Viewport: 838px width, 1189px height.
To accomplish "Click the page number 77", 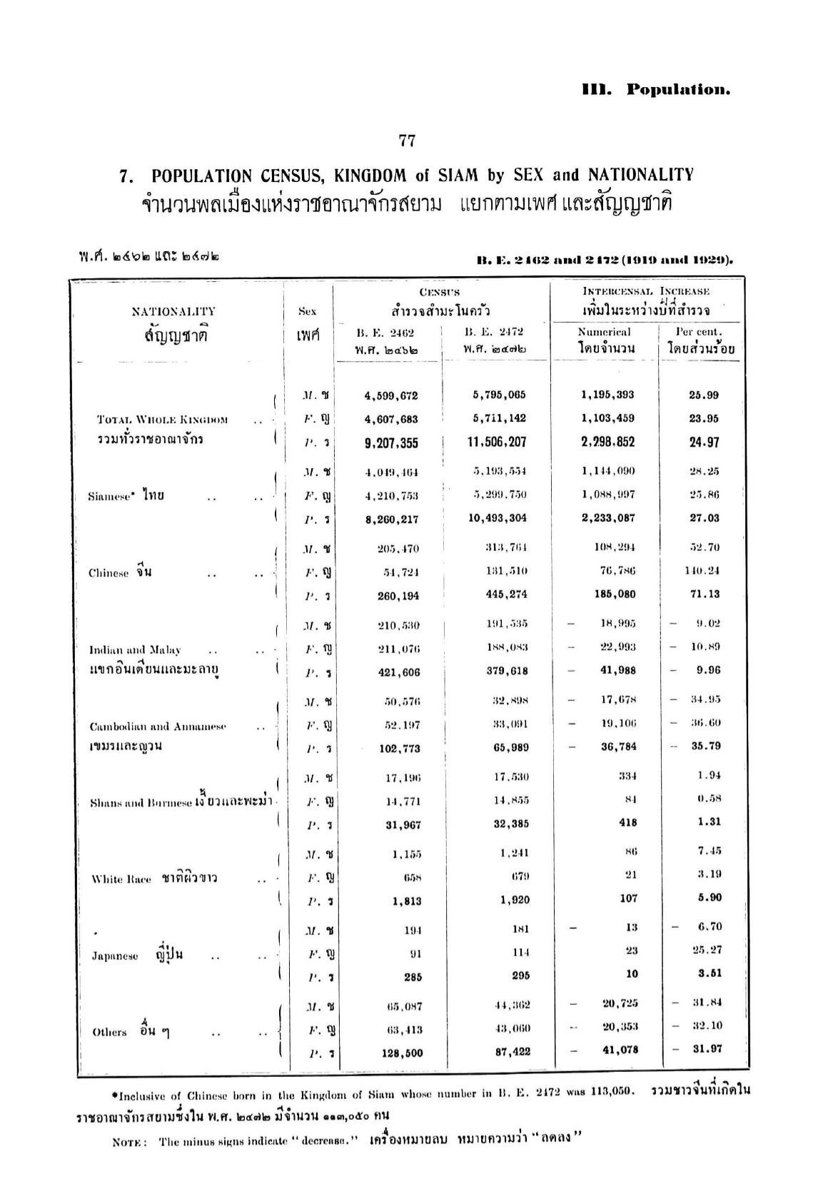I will (407, 141).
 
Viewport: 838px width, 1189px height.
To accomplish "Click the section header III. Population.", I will (656, 90).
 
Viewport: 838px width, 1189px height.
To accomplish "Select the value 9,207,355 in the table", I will (390, 442).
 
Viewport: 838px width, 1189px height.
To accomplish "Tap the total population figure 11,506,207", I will (497, 442).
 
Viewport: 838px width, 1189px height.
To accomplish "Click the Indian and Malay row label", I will (135, 650).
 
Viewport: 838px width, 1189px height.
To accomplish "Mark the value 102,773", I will (399, 748).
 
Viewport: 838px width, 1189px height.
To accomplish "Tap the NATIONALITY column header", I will (173, 311).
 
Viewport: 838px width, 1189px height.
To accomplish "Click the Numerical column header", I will (604, 332).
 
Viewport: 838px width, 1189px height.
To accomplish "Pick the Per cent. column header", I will (698, 332).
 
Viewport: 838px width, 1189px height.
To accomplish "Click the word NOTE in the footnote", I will (129, 1141).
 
